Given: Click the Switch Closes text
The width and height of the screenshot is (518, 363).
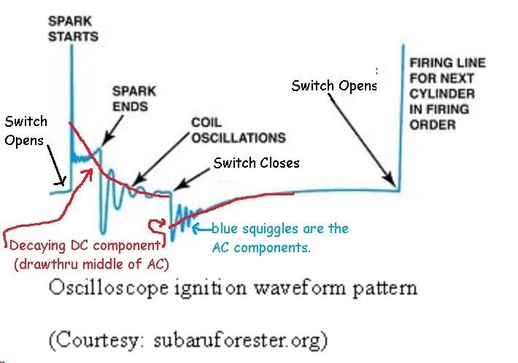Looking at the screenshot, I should point(256,163).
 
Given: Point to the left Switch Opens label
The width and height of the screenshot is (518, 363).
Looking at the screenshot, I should point(26,130).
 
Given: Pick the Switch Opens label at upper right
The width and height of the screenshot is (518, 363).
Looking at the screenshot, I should point(333,86).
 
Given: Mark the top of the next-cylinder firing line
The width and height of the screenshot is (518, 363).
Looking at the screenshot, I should point(402,45).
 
